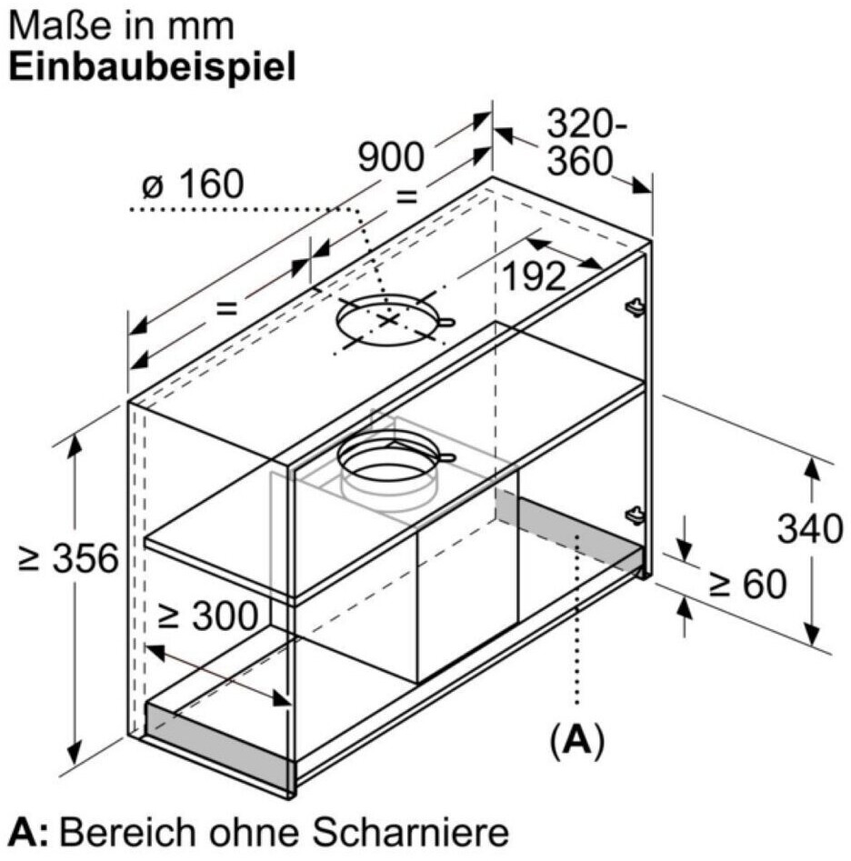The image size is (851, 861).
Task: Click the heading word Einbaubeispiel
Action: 153,68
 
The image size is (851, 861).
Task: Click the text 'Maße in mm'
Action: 122,25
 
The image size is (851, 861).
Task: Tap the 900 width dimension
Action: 390,157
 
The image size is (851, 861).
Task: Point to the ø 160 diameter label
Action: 193,185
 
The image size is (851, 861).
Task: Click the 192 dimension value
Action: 535,277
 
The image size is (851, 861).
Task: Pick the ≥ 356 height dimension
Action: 69,558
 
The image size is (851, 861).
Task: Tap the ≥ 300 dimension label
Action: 207,617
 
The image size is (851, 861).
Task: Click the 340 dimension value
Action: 810,528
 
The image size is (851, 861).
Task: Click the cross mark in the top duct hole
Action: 389,320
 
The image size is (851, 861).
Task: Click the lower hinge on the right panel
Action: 634,515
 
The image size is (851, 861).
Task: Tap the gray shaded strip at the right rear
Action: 568,532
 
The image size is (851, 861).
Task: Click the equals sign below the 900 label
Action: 405,196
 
